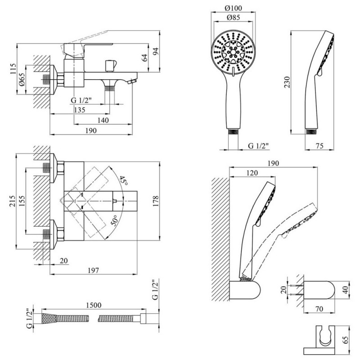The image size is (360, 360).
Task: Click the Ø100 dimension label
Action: [x=233, y=8]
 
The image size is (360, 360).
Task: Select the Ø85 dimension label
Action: [x=233, y=18]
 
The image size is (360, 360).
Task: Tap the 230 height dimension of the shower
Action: [x=287, y=82]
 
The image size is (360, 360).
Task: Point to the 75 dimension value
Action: [x=319, y=146]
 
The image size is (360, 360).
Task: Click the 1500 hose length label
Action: [x=94, y=305]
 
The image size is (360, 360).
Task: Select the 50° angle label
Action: [x=114, y=220]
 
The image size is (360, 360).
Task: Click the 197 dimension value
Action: [x=93, y=270]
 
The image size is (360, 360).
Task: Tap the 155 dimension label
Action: [x=22, y=201]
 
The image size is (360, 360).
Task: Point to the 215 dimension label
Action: [x=13, y=201]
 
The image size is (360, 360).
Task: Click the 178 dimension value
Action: [x=156, y=201]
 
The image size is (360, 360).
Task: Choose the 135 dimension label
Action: [x=80, y=110]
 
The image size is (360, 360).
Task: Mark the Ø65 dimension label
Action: [x=22, y=80]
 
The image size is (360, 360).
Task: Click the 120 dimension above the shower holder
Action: [x=252, y=173]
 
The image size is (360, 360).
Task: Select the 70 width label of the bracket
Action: [x=319, y=309]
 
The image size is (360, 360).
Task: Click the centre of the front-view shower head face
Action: [x=233, y=53]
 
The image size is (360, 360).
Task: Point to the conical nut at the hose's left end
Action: [x=49, y=318]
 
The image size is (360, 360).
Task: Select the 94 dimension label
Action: [x=156, y=51]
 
